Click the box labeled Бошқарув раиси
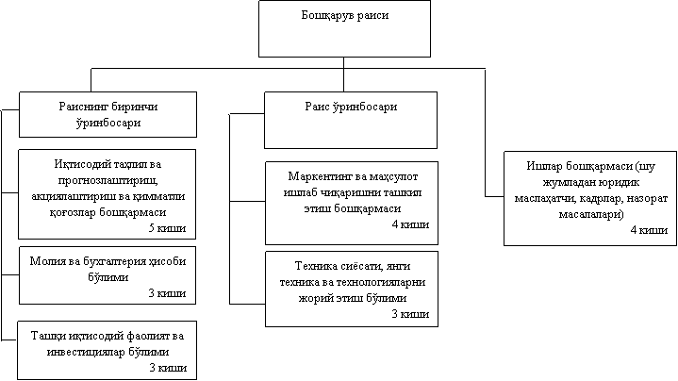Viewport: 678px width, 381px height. click(x=344, y=28)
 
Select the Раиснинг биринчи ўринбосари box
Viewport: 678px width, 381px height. click(x=107, y=115)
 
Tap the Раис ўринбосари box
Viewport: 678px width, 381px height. click(x=351, y=120)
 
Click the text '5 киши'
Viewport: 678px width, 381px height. click(x=167, y=228)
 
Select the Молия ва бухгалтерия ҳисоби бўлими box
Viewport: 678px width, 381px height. click(x=107, y=275)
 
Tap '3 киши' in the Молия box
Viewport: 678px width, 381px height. click(x=167, y=293)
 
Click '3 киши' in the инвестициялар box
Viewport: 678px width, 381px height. click(x=168, y=368)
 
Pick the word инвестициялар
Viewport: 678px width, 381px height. click(x=84, y=352)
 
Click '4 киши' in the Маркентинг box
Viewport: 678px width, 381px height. click(x=410, y=224)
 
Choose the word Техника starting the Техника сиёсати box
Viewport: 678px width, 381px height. click(x=315, y=266)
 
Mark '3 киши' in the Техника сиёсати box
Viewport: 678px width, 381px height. click(x=410, y=314)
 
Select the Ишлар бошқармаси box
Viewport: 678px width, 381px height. click(x=590, y=198)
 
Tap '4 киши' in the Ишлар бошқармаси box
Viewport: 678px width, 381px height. click(x=649, y=230)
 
